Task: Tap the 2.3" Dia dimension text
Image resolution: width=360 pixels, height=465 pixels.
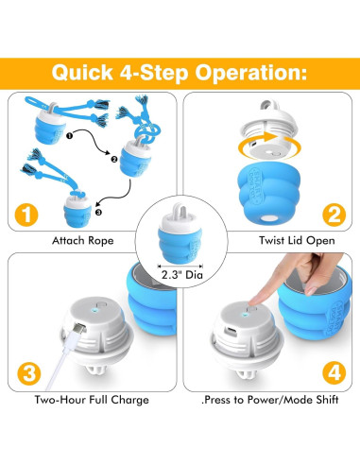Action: (180, 275)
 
